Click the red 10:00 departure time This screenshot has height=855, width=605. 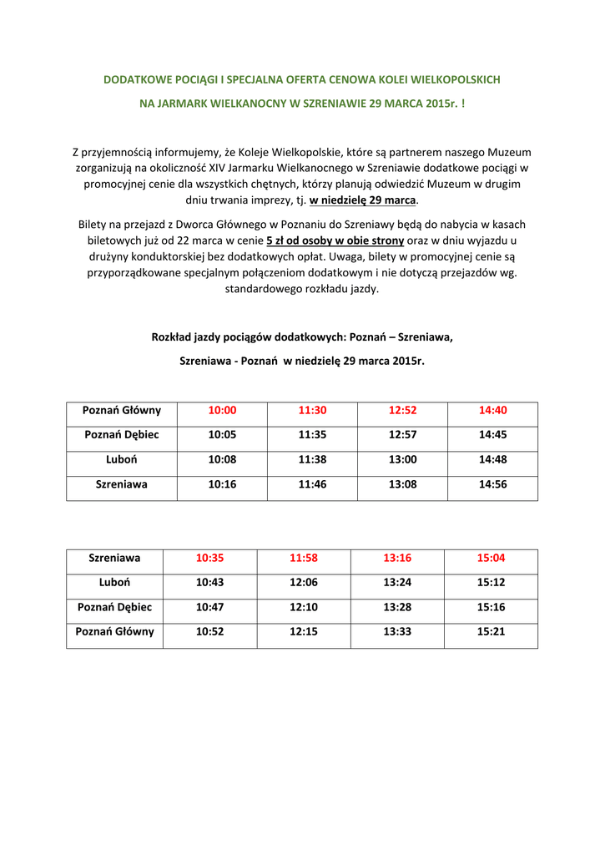click(x=222, y=410)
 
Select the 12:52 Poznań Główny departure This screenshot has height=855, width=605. click(x=402, y=410)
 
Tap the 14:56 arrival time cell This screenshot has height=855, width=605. click(x=492, y=483)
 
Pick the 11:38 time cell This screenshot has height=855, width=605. click(x=312, y=459)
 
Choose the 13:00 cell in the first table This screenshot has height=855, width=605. click(x=402, y=459)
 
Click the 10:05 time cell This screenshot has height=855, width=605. click(x=222, y=435)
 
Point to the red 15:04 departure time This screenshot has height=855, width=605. click(x=491, y=558)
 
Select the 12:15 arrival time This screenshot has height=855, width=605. click(x=304, y=631)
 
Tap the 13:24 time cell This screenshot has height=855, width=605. click(x=397, y=582)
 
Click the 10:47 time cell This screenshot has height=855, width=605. click(x=209, y=607)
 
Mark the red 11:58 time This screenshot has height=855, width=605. click(x=304, y=558)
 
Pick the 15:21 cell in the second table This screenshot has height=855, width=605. click(x=491, y=631)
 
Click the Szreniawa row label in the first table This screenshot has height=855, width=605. click(x=121, y=483)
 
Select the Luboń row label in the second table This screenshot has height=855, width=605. click(x=114, y=582)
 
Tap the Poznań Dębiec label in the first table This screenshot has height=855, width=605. click(x=121, y=435)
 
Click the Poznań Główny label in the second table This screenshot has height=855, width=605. click(x=114, y=631)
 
